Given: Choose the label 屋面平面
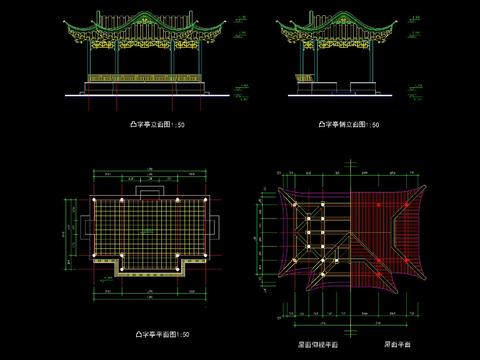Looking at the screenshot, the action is tap(398, 346).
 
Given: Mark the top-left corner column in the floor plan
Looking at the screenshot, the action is tap(95, 200).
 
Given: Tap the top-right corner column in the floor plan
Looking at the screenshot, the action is tap(203, 200).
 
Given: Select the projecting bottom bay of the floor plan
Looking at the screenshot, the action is tap(149, 266).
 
